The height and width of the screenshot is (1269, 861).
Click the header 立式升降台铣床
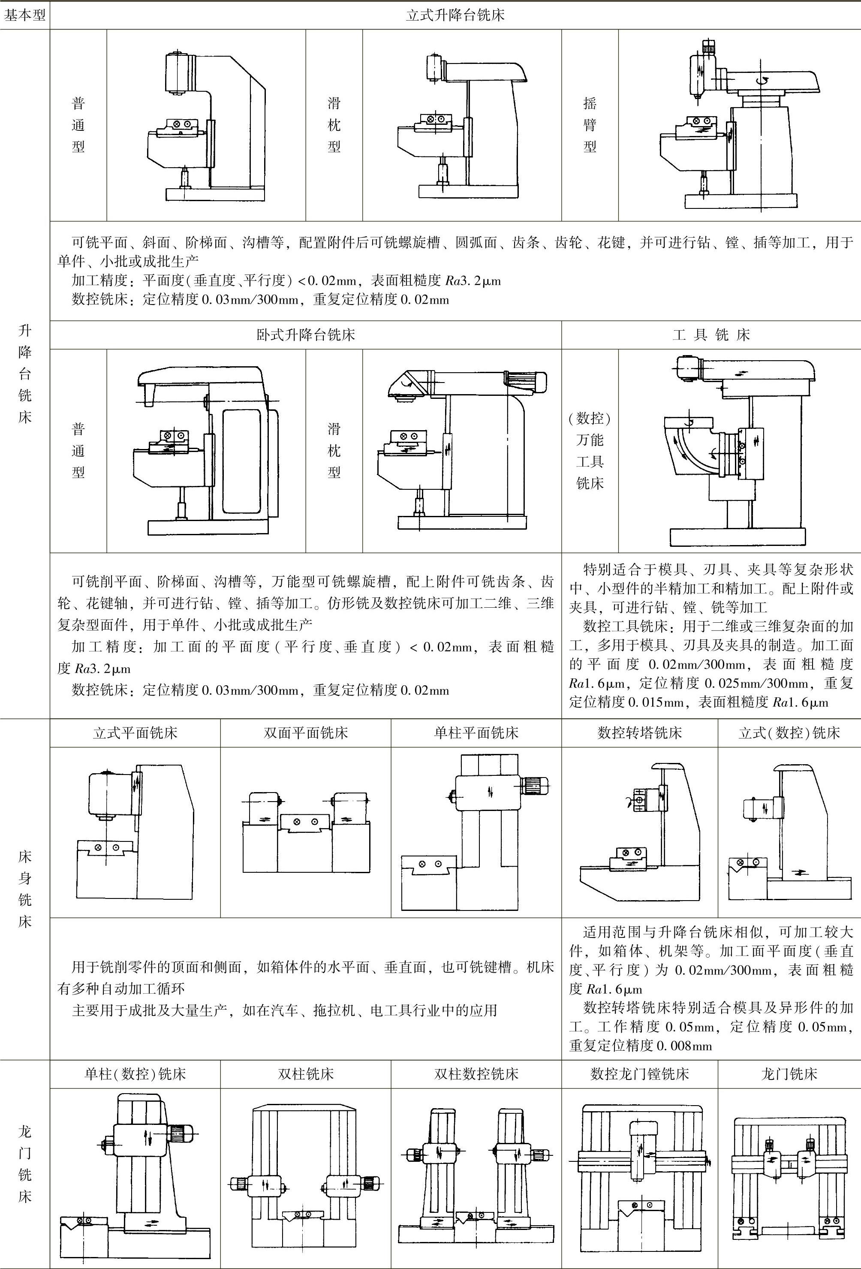tap(455, 15)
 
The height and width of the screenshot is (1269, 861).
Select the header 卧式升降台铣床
tap(306, 335)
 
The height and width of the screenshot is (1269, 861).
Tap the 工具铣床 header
tap(711, 335)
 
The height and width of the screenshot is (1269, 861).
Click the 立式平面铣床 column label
tap(135, 733)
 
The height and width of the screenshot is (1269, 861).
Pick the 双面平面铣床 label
tap(306, 733)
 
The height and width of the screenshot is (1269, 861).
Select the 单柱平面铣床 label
tap(476, 733)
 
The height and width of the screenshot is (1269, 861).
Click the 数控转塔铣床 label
tap(639, 733)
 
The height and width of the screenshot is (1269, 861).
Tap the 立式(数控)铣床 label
tap(789, 733)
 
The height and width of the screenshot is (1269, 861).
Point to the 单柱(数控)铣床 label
tap(135, 1074)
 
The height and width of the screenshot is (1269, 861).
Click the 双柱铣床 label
tap(306, 1074)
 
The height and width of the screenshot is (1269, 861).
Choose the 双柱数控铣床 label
tap(476, 1074)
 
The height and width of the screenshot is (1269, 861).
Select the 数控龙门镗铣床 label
tap(639, 1074)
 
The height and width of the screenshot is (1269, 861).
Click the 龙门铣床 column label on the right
tap(789, 1074)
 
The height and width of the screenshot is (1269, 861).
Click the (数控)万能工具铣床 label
tap(590, 450)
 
